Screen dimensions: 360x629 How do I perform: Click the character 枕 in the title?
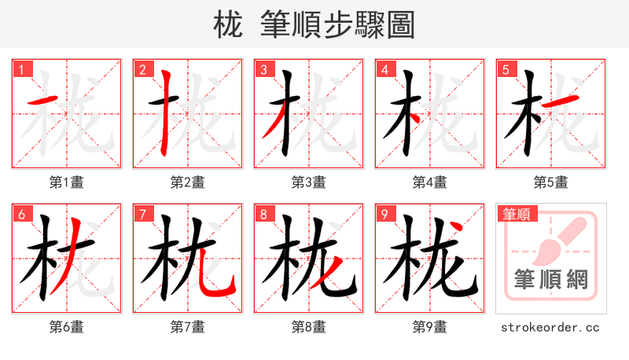[x=227, y=26]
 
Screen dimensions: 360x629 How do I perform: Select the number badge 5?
[x=506, y=70]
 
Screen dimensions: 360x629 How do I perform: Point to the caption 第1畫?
[x=67, y=182]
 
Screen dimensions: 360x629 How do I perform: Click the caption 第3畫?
[x=309, y=182]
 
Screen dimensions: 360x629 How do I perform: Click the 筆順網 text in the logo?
[x=550, y=281]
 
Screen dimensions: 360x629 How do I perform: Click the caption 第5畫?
[x=551, y=182]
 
